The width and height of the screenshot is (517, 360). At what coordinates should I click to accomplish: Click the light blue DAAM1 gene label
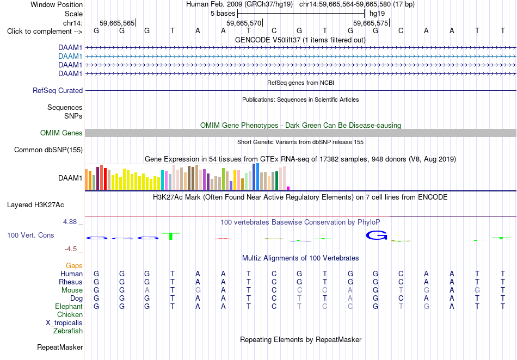click(x=70, y=57)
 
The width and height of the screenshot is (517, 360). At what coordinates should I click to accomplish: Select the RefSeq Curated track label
click(x=58, y=91)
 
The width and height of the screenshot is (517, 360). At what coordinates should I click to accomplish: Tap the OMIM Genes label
click(x=61, y=133)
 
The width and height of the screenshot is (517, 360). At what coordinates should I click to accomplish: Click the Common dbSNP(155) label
click(x=48, y=150)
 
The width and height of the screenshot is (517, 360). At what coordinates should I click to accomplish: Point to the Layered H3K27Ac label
click(x=35, y=205)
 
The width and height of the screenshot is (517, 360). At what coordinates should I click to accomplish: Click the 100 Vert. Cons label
click(x=30, y=235)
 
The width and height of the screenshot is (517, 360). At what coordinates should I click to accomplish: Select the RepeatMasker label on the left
click(x=60, y=347)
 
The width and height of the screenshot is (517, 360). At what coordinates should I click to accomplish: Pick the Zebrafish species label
click(x=68, y=331)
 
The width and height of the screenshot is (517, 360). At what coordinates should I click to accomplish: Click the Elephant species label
click(x=69, y=306)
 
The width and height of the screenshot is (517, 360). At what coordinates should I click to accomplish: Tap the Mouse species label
click(x=72, y=290)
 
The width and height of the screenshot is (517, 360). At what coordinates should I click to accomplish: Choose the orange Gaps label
click(x=74, y=266)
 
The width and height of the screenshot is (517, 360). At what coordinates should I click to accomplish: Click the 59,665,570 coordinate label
click(x=244, y=23)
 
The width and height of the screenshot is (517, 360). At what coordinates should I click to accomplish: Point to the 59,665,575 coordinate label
click(x=371, y=23)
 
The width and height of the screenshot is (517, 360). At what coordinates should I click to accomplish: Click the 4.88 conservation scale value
click(x=70, y=222)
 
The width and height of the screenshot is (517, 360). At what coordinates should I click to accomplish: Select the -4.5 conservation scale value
click(x=71, y=249)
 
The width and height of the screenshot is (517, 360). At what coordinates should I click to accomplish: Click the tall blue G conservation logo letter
click(x=377, y=235)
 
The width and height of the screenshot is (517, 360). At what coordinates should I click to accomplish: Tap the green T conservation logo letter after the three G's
click(x=171, y=236)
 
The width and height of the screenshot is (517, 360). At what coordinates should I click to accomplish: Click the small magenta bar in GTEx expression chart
click(x=288, y=188)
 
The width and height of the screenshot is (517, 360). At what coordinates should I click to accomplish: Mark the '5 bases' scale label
click(x=223, y=14)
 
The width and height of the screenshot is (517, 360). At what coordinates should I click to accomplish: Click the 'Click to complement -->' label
click(x=45, y=32)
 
